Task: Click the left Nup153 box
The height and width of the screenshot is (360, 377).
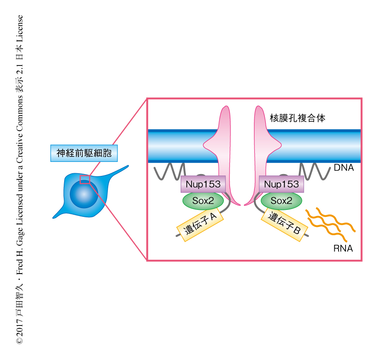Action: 203,184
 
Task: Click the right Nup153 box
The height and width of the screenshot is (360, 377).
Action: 281,184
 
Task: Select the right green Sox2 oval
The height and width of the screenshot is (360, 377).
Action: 281,201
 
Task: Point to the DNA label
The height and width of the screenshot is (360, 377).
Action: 343,168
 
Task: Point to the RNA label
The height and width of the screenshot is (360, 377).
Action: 343,249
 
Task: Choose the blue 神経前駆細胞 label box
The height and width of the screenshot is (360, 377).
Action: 84,153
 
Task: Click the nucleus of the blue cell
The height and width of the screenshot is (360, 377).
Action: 84,193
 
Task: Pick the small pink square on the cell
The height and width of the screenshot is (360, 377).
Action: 85,179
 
